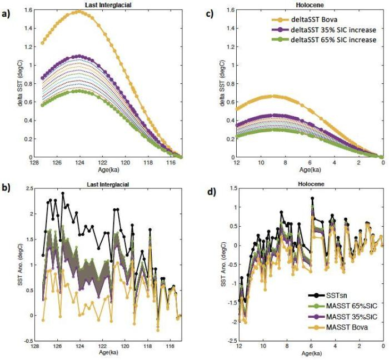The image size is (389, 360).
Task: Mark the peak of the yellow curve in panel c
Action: (273, 96)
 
